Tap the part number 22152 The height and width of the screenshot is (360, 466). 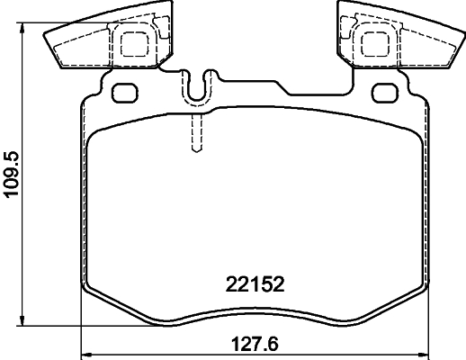tap(254, 286)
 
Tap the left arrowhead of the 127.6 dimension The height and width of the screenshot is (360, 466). tap(85, 352)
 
